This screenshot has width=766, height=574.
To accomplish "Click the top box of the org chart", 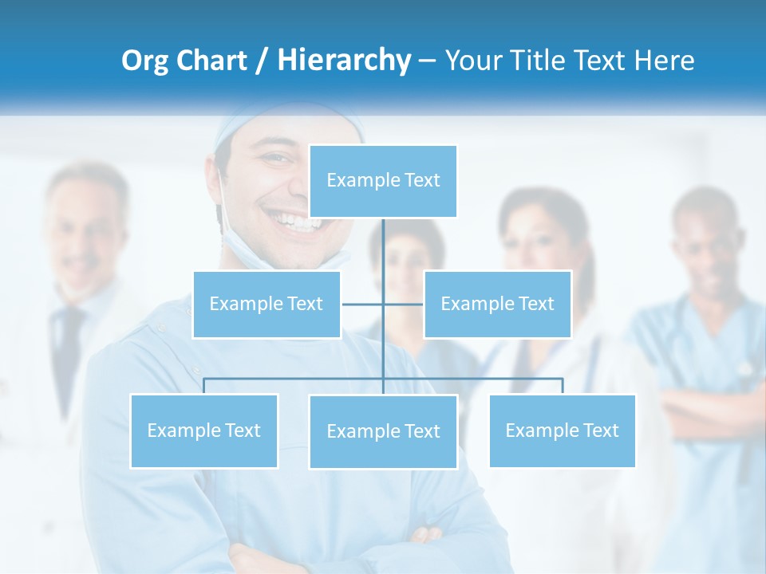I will click(x=383, y=181).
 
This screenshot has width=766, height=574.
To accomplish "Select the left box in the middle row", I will click(x=267, y=304).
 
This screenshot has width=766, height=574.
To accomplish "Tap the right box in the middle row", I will click(x=497, y=304).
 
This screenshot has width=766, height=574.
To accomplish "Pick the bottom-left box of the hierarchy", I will click(x=203, y=431).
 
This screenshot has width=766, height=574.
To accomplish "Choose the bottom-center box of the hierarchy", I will click(x=383, y=431).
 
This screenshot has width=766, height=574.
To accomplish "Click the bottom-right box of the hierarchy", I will click(x=562, y=431).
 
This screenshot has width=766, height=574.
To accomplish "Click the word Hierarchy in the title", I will click(x=344, y=61).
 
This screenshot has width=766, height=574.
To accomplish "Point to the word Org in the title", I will click(x=144, y=61).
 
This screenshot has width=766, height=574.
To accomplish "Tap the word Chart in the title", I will click(x=211, y=61).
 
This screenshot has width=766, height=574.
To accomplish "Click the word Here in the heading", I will click(x=664, y=61).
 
